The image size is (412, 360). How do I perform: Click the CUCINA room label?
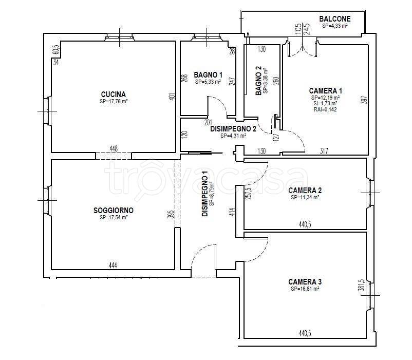(x=113, y=94)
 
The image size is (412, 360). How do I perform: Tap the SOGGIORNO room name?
(x=114, y=211)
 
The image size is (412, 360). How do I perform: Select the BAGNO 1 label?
(x=208, y=75)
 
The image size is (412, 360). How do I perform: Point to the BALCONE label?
(x=335, y=19)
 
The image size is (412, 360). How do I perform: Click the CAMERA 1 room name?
(x=326, y=91)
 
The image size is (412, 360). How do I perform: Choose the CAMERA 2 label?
(x=305, y=191)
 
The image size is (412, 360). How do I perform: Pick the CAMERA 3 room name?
(x=305, y=282)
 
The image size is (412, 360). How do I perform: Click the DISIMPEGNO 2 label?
(x=233, y=129)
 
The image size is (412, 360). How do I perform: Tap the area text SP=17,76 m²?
(x=114, y=101)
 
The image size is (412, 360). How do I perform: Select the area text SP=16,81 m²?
(x=305, y=289)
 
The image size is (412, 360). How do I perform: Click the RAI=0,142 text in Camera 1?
(x=325, y=109)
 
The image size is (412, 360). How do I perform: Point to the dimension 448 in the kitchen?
(x=113, y=148)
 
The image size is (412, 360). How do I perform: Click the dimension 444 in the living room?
(x=113, y=266)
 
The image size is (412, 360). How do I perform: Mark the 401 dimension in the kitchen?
(x=172, y=97)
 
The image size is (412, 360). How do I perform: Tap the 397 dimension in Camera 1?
(x=364, y=99)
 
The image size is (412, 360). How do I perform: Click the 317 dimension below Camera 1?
(x=324, y=151)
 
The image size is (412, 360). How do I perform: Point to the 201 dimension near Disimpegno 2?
(x=208, y=122)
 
